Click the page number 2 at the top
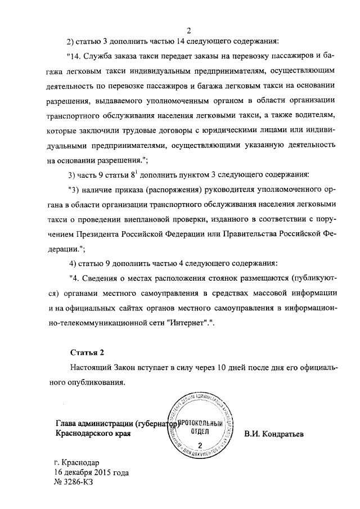point(190,30)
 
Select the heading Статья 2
point(87,353)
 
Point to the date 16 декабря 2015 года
point(92,473)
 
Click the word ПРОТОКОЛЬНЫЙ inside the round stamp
point(201,422)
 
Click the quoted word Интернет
point(188,326)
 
